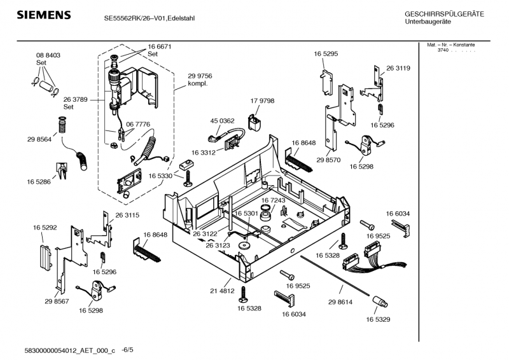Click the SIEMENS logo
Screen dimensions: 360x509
click(x=43, y=15)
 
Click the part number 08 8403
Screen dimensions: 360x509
click(x=48, y=56)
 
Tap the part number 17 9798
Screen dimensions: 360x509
click(x=262, y=101)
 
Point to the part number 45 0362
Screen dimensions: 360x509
click(x=223, y=120)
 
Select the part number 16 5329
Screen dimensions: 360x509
click(x=379, y=319)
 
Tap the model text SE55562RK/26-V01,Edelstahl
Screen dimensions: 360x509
click(x=150, y=18)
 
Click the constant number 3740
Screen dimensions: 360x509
click(x=443, y=50)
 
